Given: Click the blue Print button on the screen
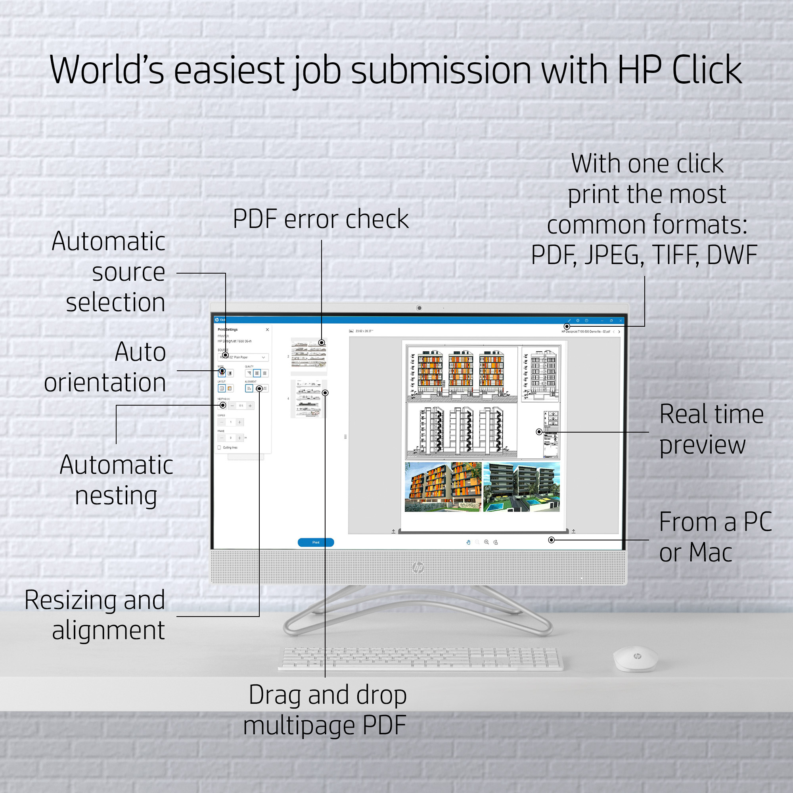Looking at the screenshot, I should (316, 542).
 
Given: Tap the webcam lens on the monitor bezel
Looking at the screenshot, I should (419, 308).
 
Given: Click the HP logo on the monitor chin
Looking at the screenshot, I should (418, 568).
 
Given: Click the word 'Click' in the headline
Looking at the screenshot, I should (707, 70).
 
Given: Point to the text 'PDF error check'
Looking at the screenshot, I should (320, 219).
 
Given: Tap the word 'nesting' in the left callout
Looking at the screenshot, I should (116, 496).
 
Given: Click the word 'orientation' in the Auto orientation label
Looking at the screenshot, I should (105, 383).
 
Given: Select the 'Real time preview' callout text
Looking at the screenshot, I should (711, 429).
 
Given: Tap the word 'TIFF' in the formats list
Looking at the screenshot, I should (675, 255).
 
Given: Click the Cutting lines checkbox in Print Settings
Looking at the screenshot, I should (219, 447).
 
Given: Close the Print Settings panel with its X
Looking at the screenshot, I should (267, 329).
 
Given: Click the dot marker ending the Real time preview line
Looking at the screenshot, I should (539, 432).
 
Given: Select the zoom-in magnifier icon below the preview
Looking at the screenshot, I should (487, 542).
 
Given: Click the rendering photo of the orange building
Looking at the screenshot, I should (443, 487).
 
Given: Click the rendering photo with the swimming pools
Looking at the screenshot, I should (521, 487).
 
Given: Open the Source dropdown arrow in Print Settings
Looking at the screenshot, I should (263, 358).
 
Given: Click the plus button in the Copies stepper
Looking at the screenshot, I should (240, 422).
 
